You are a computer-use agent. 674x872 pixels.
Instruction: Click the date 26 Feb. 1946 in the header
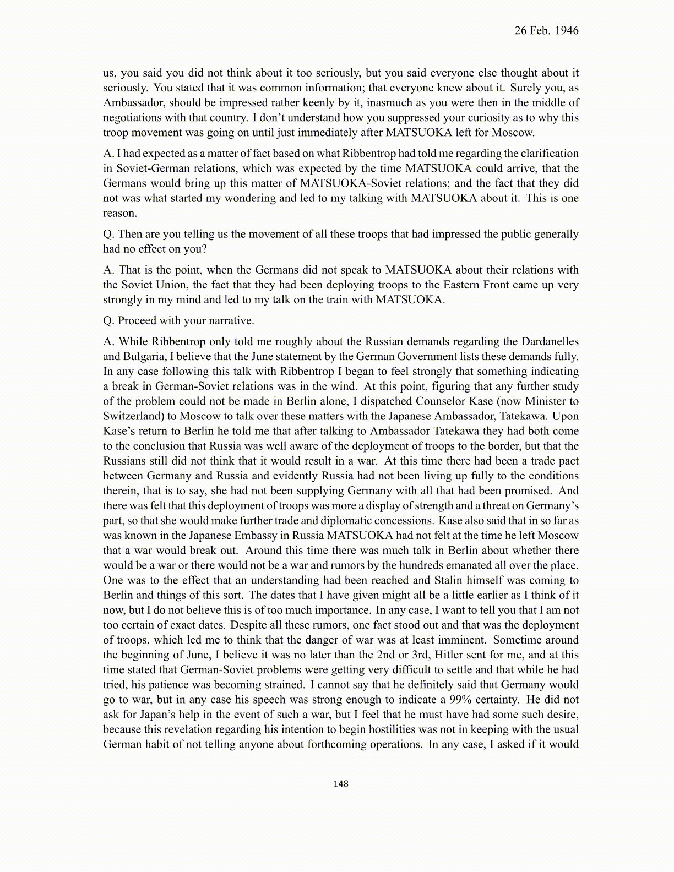point(546,31)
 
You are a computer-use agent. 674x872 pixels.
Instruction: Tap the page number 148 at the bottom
point(341,783)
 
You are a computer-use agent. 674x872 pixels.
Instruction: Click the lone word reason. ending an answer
point(119,213)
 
